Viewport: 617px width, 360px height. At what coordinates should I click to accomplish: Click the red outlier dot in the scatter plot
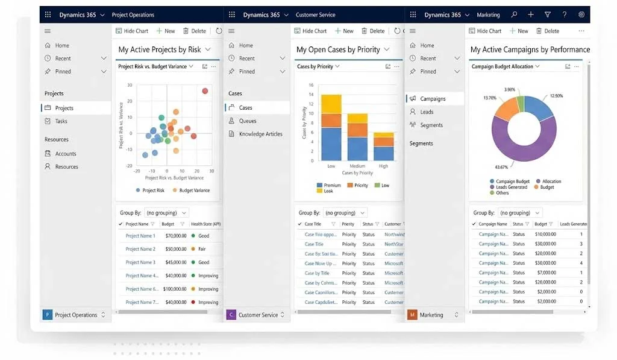[205, 91]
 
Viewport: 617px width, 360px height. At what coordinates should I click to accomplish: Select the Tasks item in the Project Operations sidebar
[61, 121]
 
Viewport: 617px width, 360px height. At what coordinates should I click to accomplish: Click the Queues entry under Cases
[247, 121]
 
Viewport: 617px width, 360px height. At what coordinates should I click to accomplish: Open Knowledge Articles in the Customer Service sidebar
[260, 134]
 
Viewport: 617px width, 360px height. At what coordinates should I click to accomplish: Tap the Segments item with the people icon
[431, 125]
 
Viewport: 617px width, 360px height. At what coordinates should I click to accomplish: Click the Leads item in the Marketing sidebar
[427, 112]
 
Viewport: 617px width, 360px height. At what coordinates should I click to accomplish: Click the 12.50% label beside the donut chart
[556, 96]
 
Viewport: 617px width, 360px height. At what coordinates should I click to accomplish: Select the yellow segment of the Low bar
[331, 104]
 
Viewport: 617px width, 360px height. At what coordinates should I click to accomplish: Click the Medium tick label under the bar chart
[357, 166]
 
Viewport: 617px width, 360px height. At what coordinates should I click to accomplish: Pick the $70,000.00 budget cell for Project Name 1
[175, 236]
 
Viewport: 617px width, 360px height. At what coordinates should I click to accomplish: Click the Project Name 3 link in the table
[140, 262]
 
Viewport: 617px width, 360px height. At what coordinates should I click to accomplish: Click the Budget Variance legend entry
[194, 191]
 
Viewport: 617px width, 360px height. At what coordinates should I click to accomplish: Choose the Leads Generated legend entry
[511, 187]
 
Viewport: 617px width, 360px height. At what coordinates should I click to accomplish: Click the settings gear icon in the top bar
[581, 14]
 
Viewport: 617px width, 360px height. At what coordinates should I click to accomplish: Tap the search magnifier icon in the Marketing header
[514, 14]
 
